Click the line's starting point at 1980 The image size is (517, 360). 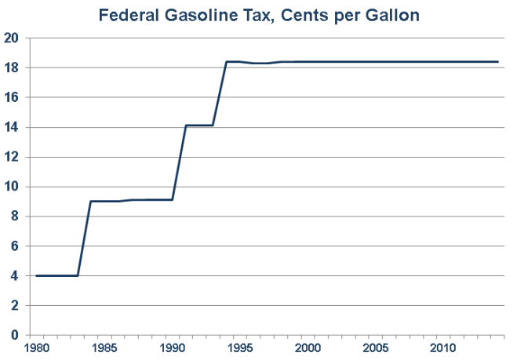point(37,275)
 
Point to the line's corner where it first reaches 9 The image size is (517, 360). point(91,202)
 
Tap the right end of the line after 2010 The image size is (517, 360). point(498,61)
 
